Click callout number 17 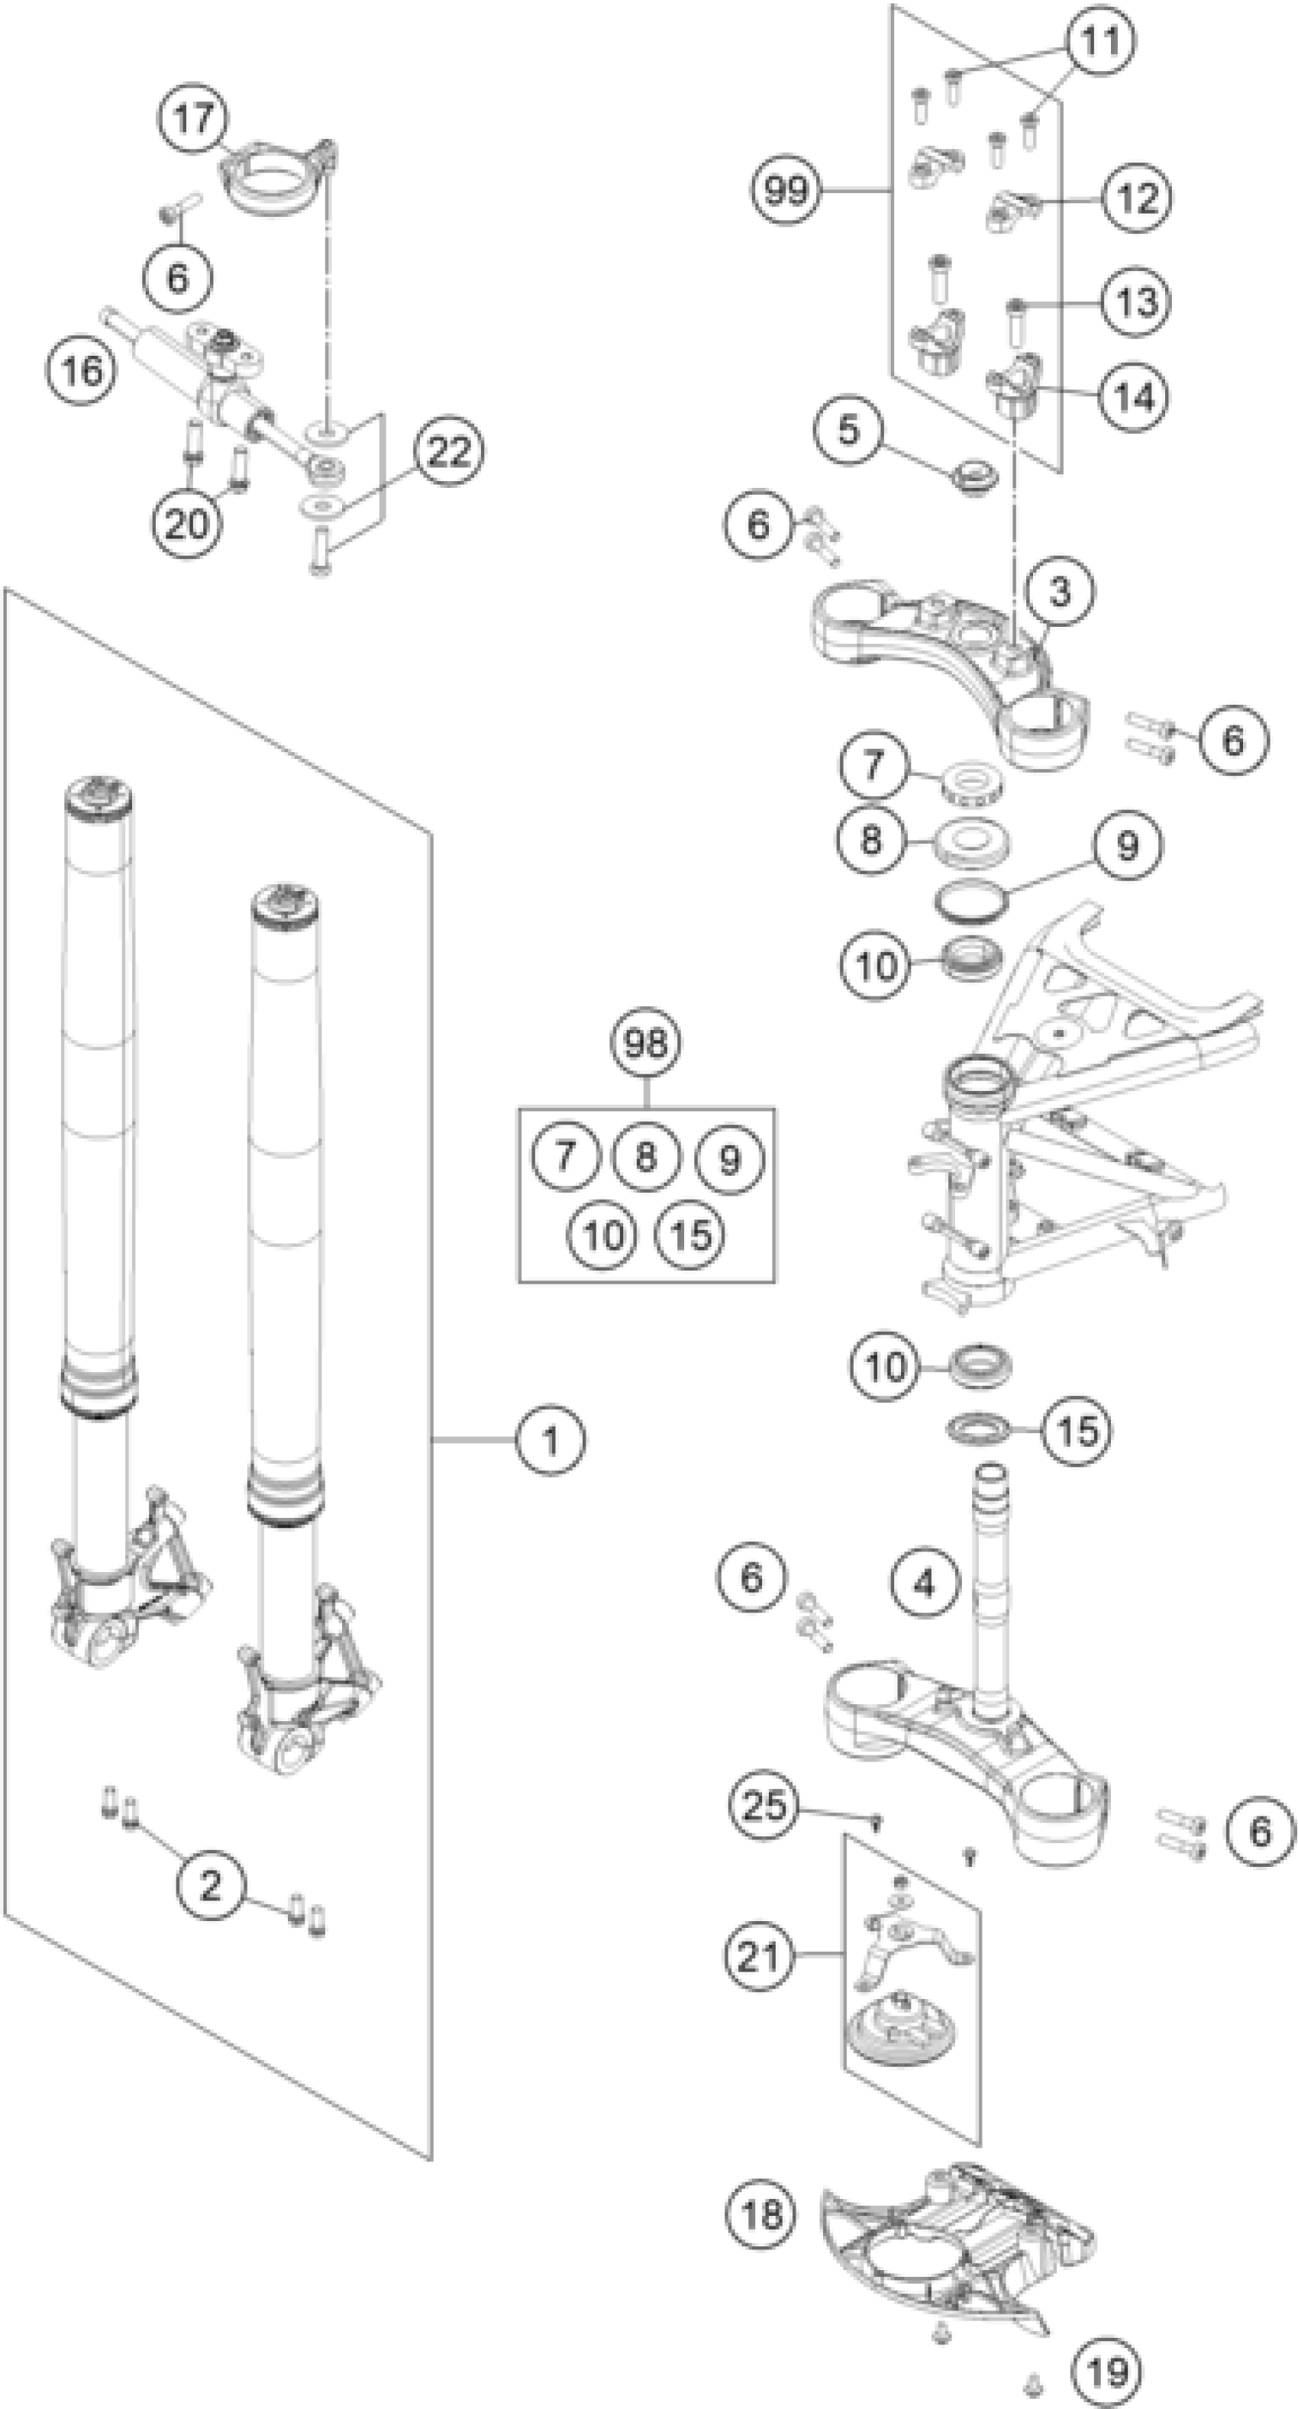(195, 119)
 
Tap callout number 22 (448, 453)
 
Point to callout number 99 (786, 191)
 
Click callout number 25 (764, 1804)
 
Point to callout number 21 (758, 1955)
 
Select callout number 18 (760, 2214)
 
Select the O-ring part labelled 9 (974, 900)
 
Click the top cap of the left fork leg (97, 794)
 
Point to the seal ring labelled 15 (977, 1428)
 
